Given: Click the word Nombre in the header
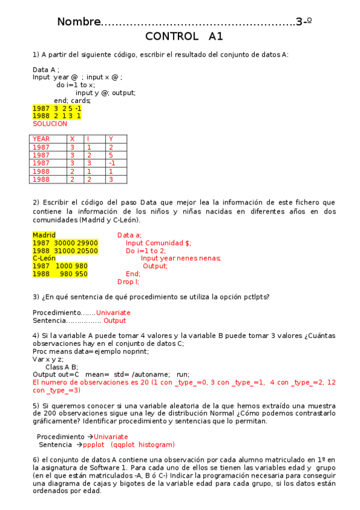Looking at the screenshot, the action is point(79,22).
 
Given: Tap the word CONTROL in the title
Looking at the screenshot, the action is point(171,37).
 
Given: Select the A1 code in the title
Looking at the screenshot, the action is point(216,37).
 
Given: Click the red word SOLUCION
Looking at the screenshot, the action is point(50,124).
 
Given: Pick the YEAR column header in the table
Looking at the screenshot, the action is point(41,139).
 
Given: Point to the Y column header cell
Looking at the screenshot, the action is point(111,139).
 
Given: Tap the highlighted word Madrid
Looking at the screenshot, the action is point(44,235).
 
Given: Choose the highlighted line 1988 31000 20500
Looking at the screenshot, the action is point(65,251).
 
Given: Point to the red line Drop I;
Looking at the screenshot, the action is point(128,281).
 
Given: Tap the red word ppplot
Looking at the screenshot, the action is point(94,445).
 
